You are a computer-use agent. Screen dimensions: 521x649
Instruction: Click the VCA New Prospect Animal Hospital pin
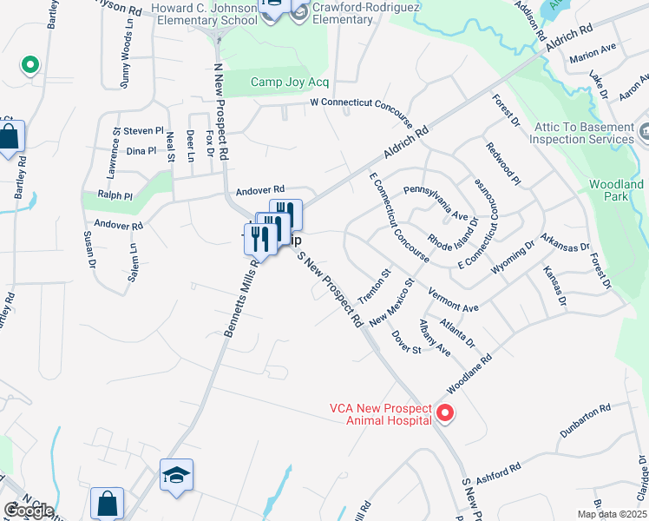(446, 412)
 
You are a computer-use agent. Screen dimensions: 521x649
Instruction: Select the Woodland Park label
(616, 191)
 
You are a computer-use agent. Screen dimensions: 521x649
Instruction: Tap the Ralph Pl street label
(115, 196)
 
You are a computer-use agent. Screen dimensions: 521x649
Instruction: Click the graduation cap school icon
(176, 475)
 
